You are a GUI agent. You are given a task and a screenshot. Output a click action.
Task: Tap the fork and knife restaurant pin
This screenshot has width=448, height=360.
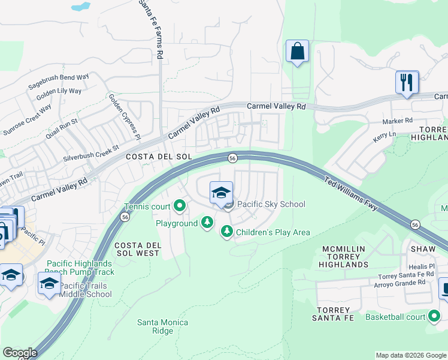(x=407, y=82)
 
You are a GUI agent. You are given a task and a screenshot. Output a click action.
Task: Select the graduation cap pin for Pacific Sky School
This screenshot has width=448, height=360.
(x=221, y=193)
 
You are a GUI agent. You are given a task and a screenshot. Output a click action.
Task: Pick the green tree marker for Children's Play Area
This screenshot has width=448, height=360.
(x=226, y=231)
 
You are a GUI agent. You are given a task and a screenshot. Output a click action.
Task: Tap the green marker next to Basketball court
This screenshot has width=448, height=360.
(x=434, y=316)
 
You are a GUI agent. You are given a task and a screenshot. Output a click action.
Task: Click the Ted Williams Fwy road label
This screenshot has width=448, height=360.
(x=350, y=193)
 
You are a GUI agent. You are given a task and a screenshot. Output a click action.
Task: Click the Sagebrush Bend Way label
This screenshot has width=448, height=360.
(x=59, y=82)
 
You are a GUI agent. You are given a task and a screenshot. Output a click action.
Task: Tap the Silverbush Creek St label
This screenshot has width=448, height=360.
(x=91, y=151)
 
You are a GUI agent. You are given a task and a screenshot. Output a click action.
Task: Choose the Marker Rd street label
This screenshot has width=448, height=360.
(x=398, y=121)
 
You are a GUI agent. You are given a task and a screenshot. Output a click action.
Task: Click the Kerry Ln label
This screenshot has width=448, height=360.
(x=385, y=137)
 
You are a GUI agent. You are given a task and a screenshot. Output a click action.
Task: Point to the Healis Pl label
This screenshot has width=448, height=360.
(x=423, y=266)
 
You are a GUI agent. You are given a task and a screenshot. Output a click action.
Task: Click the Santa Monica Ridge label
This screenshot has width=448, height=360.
(x=162, y=326)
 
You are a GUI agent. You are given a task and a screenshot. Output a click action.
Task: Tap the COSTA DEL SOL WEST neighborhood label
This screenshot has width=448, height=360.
(x=137, y=249)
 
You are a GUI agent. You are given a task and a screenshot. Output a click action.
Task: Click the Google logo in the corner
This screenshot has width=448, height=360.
(x=19, y=353)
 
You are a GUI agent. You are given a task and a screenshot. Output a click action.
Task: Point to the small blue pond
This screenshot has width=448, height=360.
(x=80, y=7)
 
